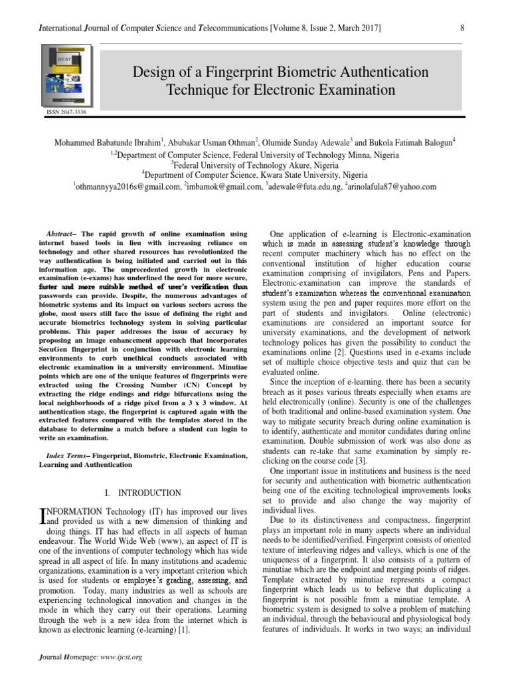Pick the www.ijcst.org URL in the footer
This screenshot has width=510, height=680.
click(122, 657)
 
